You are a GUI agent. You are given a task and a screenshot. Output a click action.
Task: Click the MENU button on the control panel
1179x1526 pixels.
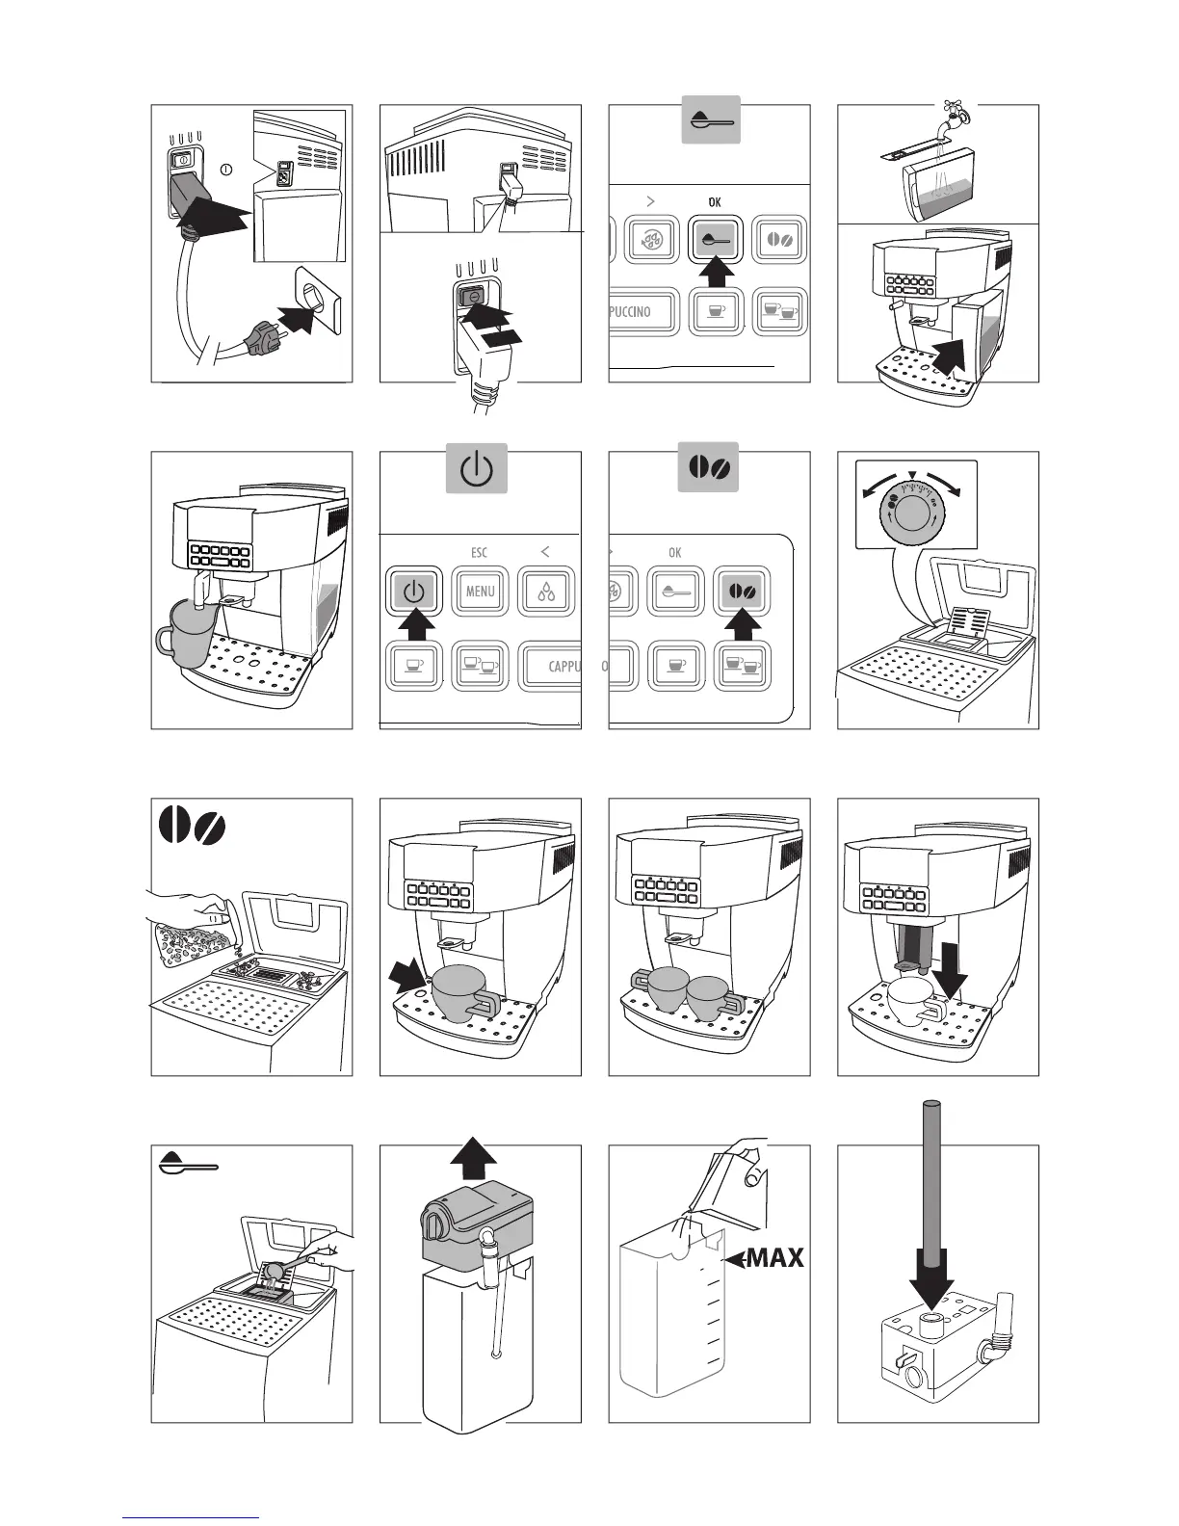(480, 591)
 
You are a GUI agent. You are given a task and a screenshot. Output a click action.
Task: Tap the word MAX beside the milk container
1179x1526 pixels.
(775, 1257)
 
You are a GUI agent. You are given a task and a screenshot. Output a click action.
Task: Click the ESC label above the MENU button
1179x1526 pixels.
(479, 552)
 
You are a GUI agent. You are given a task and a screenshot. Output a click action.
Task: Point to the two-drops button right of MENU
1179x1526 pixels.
(546, 591)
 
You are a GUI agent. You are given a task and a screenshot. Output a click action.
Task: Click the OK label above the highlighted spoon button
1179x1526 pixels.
(714, 202)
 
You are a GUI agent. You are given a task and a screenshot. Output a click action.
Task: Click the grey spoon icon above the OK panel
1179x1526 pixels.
(712, 120)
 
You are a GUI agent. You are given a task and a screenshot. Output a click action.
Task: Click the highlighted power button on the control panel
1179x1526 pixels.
(413, 591)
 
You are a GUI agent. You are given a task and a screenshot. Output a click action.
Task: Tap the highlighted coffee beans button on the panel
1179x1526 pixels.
(742, 591)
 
